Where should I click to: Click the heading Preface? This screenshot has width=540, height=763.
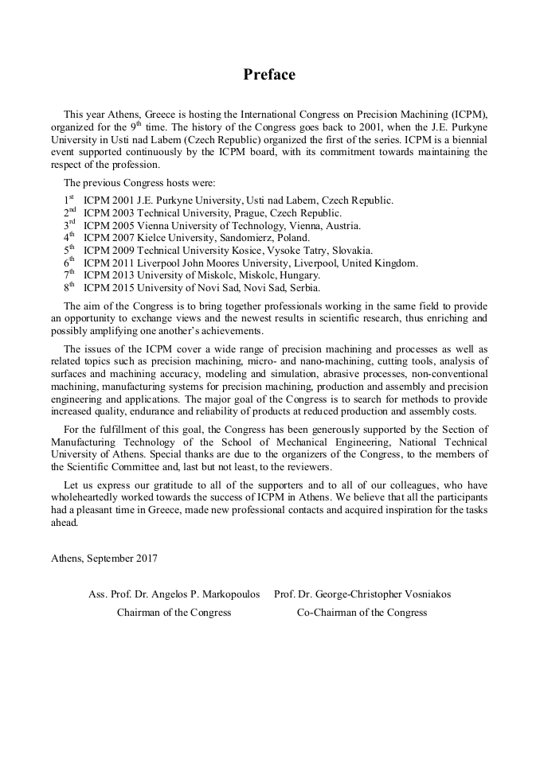(269, 75)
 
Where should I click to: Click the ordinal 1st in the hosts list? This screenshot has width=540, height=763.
(68, 200)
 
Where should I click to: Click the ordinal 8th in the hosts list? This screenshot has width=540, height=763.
(68, 286)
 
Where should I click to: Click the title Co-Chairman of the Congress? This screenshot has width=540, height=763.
(362, 612)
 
